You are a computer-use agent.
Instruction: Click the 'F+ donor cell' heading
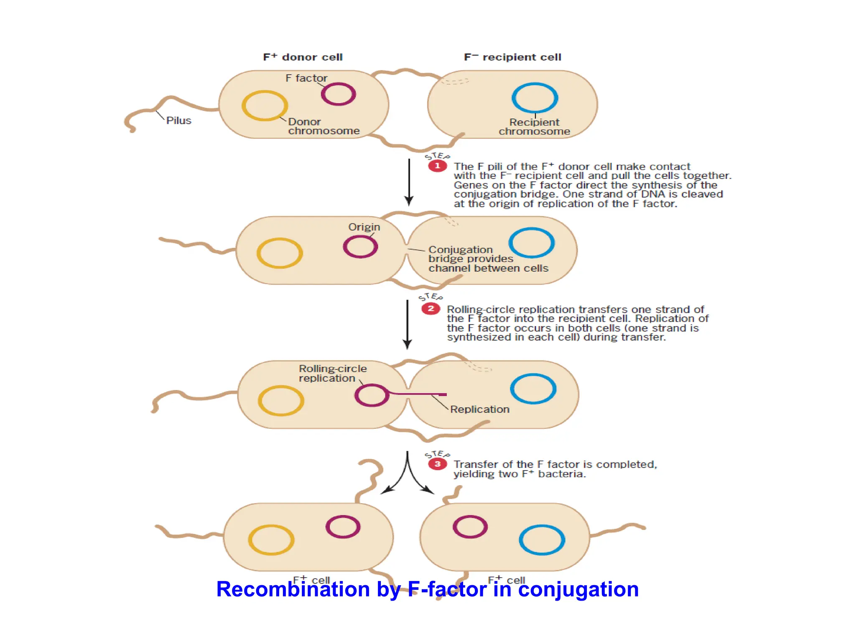(x=303, y=57)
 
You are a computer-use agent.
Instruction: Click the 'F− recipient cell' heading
(x=512, y=57)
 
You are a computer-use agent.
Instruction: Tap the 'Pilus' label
(x=178, y=120)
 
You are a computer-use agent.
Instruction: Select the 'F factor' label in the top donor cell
(x=306, y=78)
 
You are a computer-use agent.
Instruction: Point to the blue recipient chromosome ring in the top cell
(x=535, y=85)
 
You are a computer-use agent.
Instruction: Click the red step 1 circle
(x=437, y=166)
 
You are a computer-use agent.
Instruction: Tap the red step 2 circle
(x=431, y=309)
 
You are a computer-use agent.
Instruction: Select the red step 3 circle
(x=437, y=464)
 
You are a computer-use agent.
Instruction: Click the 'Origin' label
(x=364, y=227)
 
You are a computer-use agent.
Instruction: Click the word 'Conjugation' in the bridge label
(x=460, y=250)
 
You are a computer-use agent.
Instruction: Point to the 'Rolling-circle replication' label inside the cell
(x=332, y=373)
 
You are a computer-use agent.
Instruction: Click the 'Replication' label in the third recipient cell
(x=480, y=409)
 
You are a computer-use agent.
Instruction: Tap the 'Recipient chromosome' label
(x=534, y=127)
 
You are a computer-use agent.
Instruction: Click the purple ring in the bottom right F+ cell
(x=470, y=517)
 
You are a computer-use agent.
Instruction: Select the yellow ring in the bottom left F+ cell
(x=271, y=527)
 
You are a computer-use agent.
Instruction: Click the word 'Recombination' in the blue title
(x=293, y=589)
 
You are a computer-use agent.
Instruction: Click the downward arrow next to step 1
(x=409, y=182)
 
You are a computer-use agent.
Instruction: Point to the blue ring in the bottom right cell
(x=542, y=527)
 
